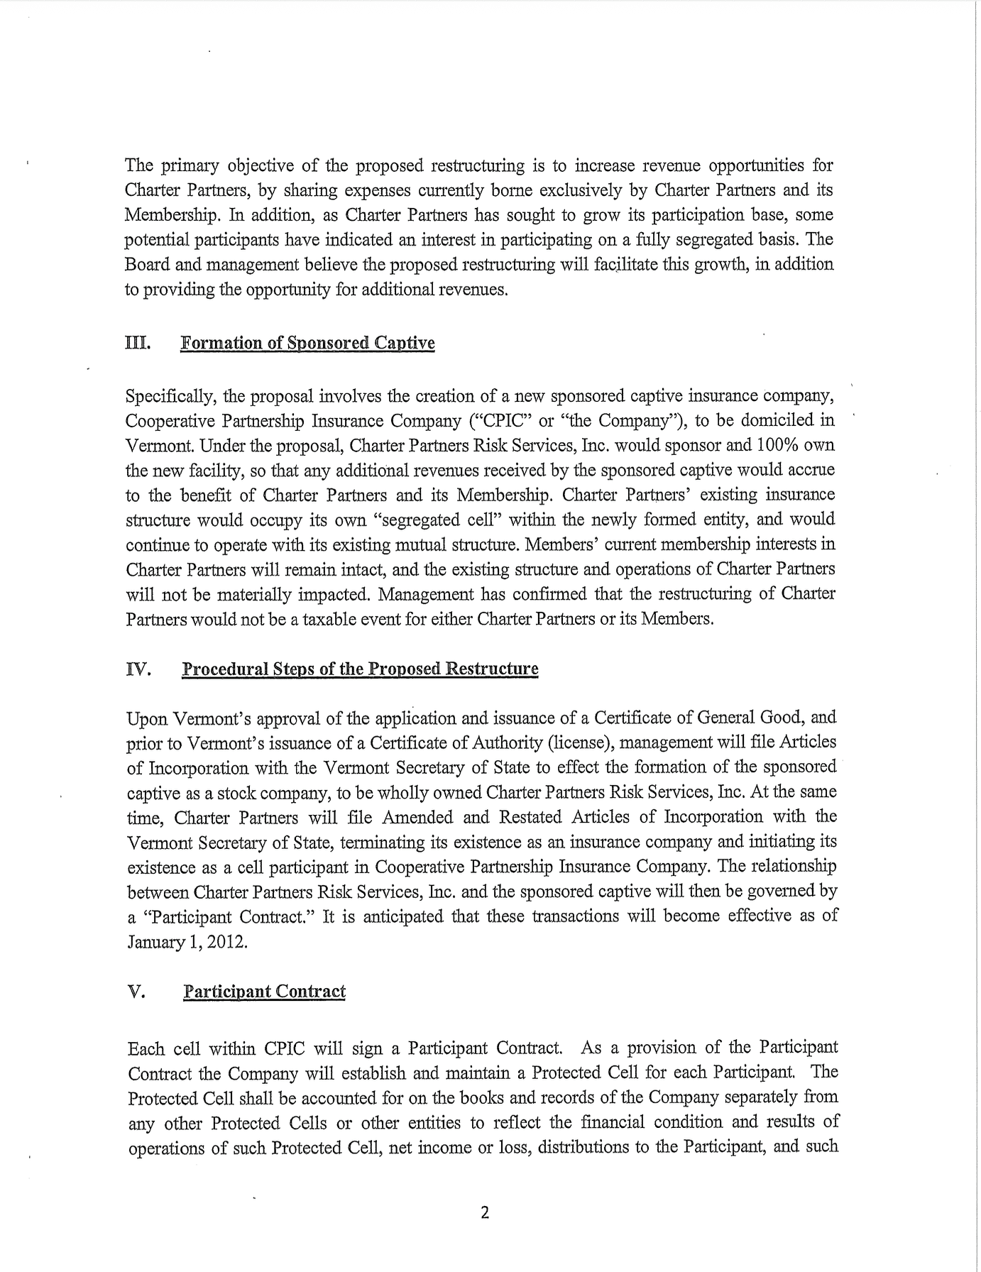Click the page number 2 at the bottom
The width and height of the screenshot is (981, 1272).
(485, 1212)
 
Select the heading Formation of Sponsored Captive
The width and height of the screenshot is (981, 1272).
(307, 344)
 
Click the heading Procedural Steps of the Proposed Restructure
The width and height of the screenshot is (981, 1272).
(360, 669)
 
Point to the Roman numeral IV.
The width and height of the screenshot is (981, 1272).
(138, 669)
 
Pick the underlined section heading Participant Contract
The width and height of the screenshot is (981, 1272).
(264, 992)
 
